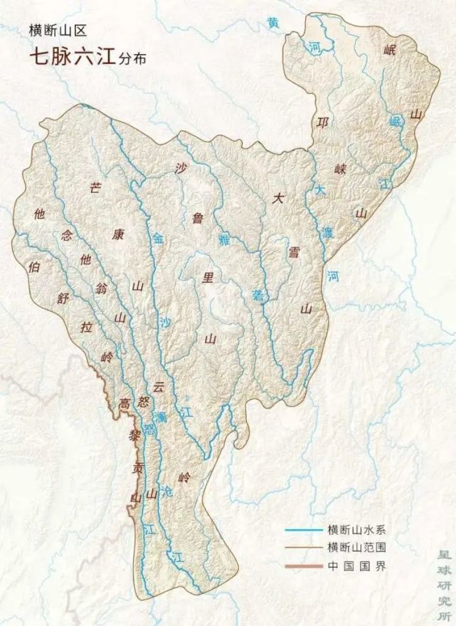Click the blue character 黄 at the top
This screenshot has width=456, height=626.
[274, 23]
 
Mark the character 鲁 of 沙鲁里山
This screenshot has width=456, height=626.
[198, 219]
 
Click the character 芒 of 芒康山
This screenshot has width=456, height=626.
[95, 188]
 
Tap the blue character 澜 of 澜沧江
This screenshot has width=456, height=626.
[162, 415]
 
